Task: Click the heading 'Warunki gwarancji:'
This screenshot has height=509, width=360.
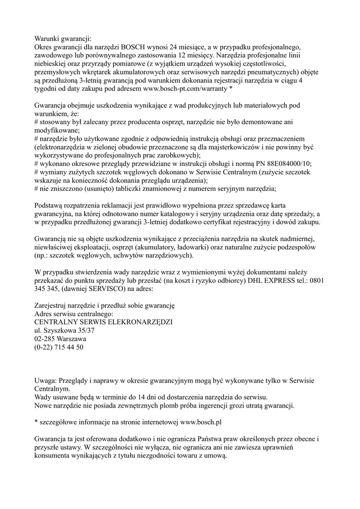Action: click(x=63, y=38)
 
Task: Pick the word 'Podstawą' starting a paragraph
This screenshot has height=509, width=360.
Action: click(x=48, y=205)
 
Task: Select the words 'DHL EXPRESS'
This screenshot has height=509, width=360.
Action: click(x=268, y=280)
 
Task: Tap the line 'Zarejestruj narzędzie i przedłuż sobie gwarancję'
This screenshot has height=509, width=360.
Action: click(x=104, y=306)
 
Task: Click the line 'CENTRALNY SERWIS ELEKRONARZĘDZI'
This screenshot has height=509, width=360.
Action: click(x=103, y=322)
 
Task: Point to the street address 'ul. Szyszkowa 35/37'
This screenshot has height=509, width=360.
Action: click(x=64, y=331)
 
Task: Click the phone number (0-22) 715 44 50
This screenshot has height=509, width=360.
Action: click(x=59, y=347)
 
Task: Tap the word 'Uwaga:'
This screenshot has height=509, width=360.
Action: click(x=45, y=381)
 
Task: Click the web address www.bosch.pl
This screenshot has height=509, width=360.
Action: click(x=200, y=423)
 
